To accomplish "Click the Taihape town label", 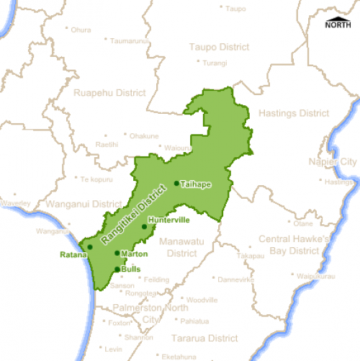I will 196,184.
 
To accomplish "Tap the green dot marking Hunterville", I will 144,227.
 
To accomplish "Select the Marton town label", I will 135,254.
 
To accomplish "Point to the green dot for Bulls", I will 117,269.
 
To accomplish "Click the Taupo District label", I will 219,47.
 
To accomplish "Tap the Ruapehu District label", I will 109,93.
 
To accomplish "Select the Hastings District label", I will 293,113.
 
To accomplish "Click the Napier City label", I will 332,162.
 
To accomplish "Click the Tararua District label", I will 204,338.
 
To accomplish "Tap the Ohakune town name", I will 144,135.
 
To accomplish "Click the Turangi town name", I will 215,63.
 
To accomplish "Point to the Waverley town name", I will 16,204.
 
